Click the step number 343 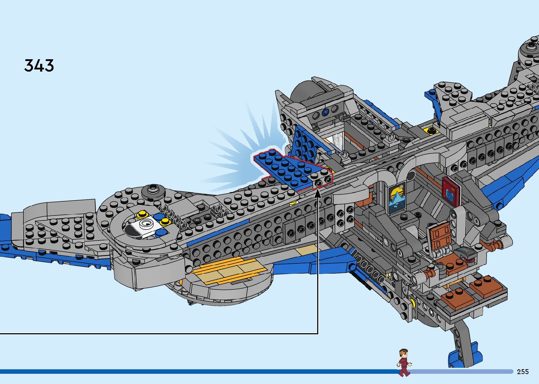coord(39,66)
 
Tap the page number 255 coord(523,372)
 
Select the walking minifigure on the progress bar coord(404,362)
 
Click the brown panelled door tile coord(439,235)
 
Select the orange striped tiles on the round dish coord(225,270)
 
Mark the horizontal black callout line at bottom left coord(158,333)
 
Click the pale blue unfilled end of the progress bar coord(461,372)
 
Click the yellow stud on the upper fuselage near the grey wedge coord(430,130)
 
